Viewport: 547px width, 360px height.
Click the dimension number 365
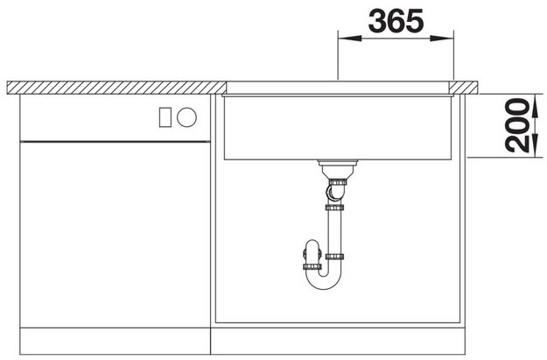tap(396, 21)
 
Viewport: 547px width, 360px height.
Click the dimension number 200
tap(517, 125)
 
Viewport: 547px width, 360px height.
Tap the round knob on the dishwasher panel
tap(186, 117)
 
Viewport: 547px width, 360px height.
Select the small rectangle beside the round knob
tap(165, 117)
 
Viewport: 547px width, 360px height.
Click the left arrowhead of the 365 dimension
tap(350, 38)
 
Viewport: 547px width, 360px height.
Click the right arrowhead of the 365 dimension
tap(442, 38)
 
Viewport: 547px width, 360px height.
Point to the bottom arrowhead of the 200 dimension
tap(535, 146)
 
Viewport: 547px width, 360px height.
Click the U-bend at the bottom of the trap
tap(324, 280)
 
